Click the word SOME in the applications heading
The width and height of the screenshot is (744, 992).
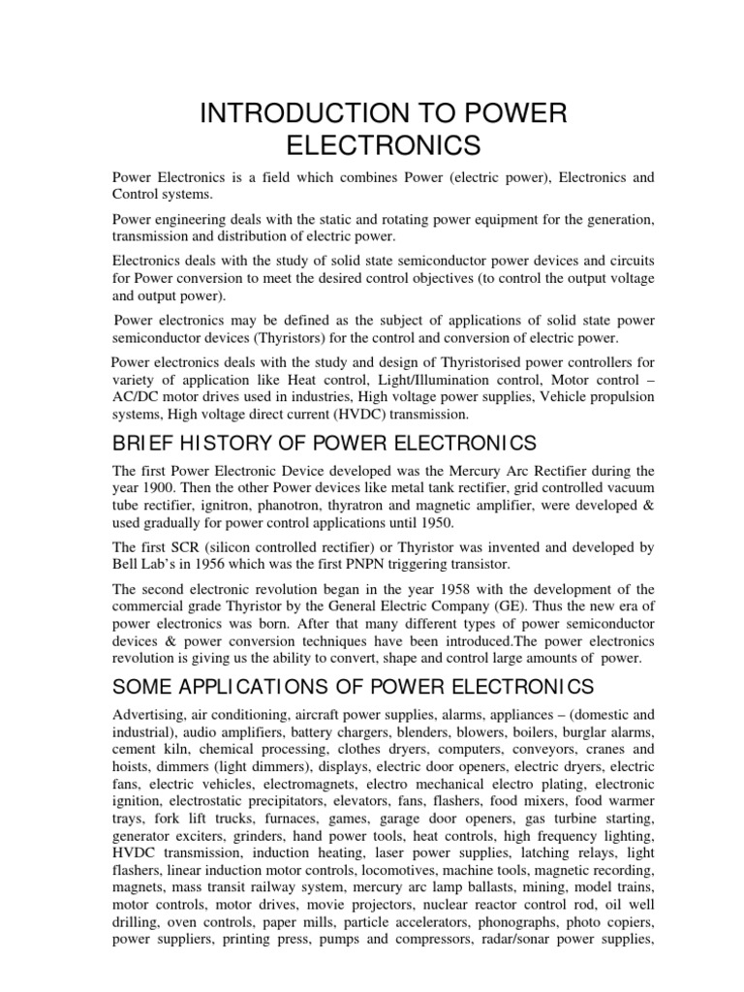(144, 686)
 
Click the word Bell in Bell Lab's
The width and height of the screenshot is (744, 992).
(129, 565)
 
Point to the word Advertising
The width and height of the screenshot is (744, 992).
(150, 714)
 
